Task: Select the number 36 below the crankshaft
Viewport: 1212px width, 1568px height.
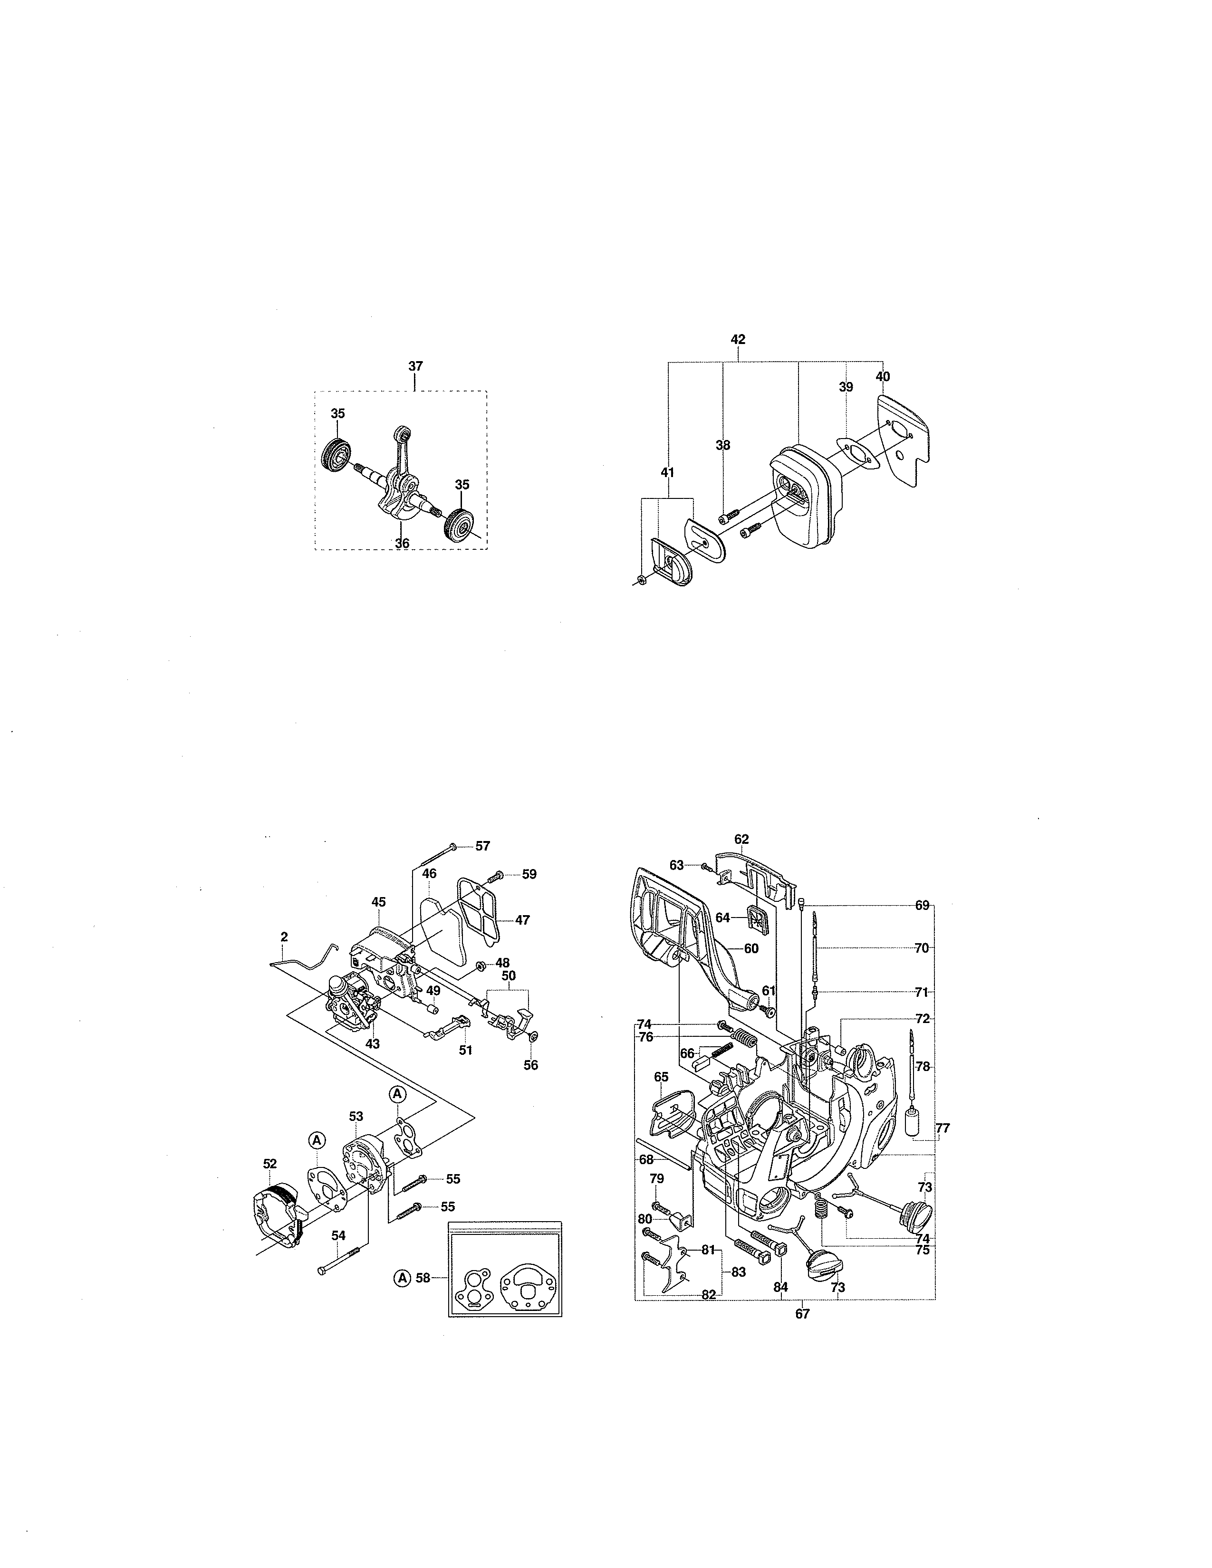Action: tap(402, 544)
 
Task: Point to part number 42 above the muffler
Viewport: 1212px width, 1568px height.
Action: tap(738, 339)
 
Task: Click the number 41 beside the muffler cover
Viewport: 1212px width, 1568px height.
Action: tap(668, 472)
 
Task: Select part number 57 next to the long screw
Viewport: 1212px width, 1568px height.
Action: tap(482, 846)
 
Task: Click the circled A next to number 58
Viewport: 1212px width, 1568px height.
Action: tap(402, 1277)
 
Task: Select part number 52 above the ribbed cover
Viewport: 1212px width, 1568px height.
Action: tap(270, 1163)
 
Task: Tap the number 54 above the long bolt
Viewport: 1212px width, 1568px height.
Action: tap(338, 1235)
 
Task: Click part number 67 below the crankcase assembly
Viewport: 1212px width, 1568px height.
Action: tap(802, 1314)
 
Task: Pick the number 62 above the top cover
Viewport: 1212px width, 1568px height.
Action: tap(742, 839)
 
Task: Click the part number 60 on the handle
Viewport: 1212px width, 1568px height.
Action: tap(751, 948)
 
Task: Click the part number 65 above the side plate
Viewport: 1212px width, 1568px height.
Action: tap(661, 1077)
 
